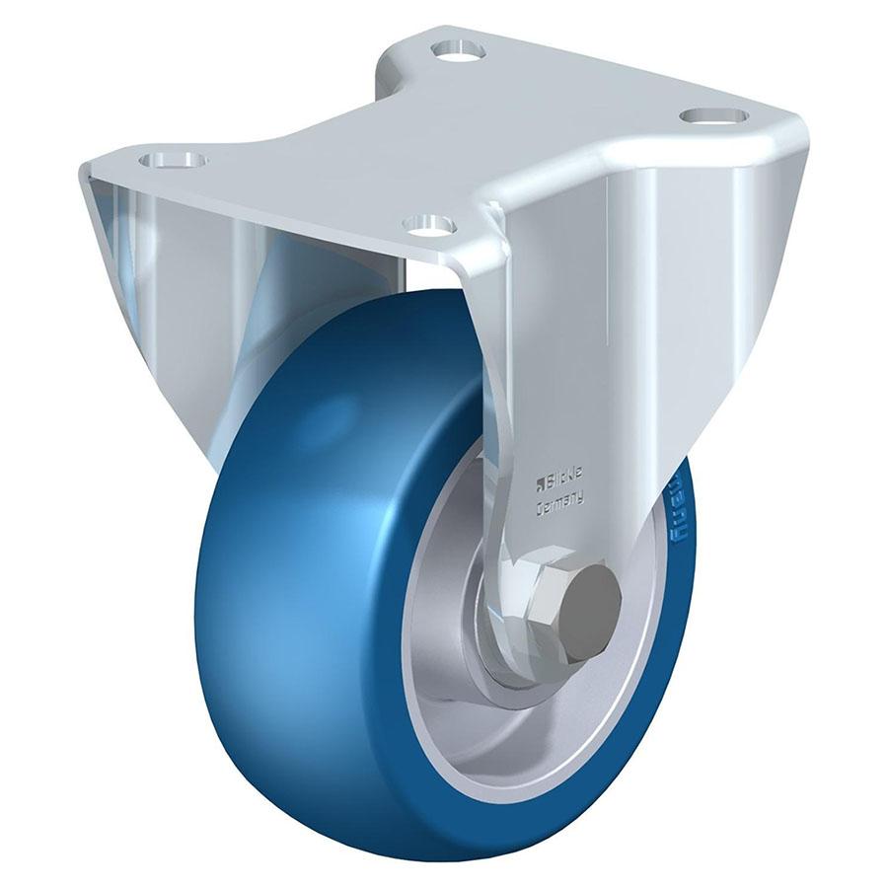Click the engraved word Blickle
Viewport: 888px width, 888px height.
563,482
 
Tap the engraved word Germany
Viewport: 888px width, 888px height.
558,502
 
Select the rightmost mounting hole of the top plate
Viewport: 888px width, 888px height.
712,115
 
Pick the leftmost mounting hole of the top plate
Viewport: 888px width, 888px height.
173,159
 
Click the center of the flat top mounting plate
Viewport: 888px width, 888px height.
444,138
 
